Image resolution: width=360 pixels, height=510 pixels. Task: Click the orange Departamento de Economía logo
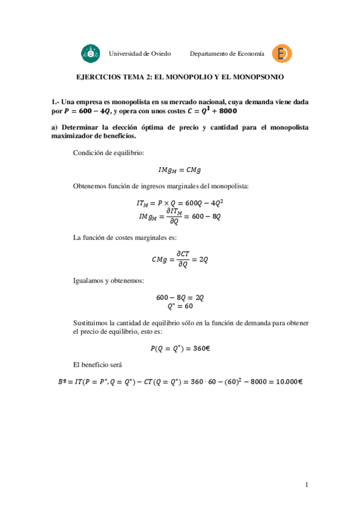tap(281, 54)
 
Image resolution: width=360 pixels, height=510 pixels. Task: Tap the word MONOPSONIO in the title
tap(257, 78)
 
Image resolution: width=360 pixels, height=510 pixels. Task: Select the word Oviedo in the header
tap(160, 54)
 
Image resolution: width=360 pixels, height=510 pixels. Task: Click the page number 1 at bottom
tap(306, 485)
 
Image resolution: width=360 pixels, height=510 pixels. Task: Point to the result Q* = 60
tap(180, 306)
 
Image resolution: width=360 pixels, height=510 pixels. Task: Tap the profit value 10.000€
tap(285, 382)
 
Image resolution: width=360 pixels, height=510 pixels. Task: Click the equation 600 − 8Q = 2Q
tap(180, 297)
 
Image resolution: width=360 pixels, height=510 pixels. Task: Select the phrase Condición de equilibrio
tap(108, 153)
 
